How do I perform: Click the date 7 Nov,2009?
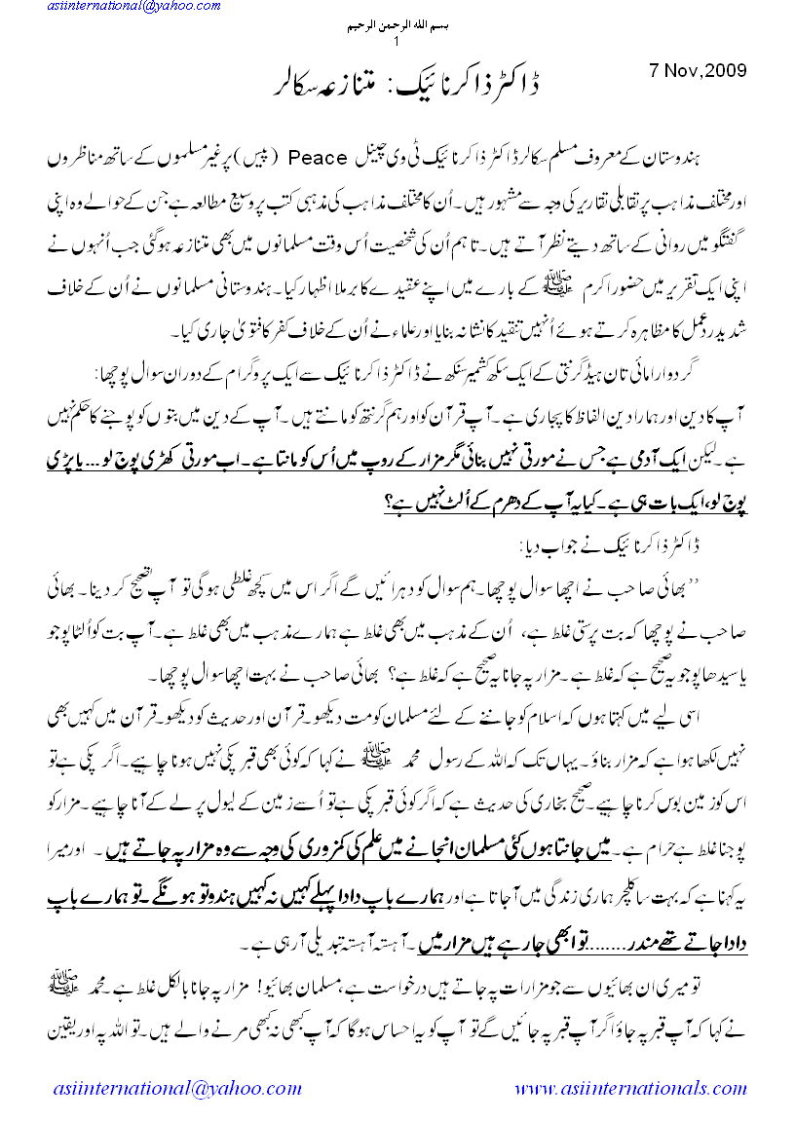pos(698,71)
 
